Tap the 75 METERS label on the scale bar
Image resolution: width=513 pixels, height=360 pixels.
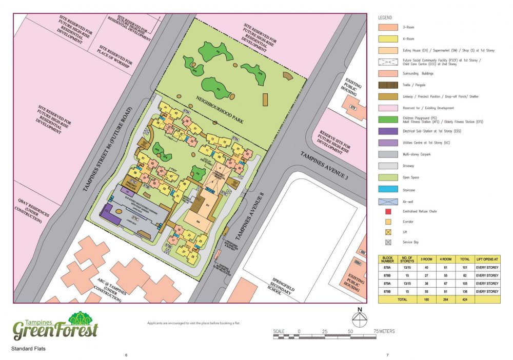[384, 331]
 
